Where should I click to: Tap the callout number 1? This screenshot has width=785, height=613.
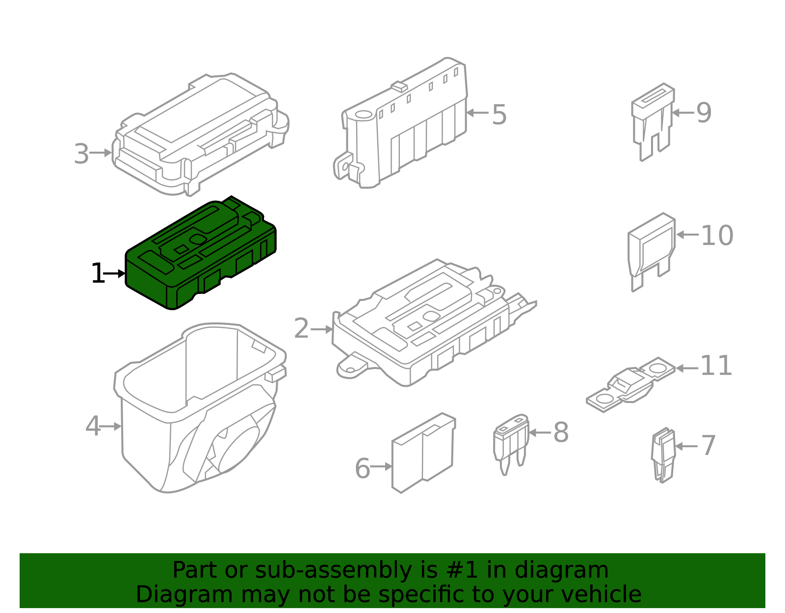pos(98,273)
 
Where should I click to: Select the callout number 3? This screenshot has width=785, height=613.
pos(81,154)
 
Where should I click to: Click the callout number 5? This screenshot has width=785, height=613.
pos(499,115)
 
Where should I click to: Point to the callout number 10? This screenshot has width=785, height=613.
pos(717,236)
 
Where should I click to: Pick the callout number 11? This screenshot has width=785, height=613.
pos(716,366)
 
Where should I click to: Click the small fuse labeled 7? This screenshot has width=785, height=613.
pos(663,454)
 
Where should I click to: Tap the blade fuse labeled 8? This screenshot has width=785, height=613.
pos(511,442)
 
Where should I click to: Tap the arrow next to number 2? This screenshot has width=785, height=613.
pos(322,329)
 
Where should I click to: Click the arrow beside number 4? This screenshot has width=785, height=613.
pos(111,426)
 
